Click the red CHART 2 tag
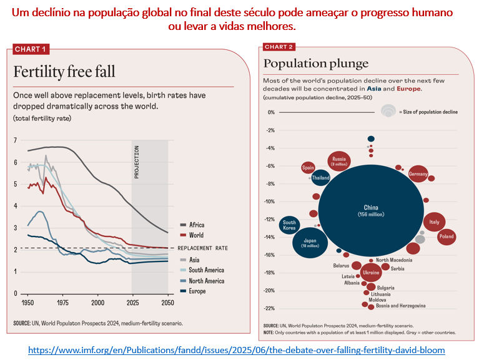coord(279,47)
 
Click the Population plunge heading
coord(316,63)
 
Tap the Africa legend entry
coord(196,225)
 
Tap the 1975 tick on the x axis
coord(62,302)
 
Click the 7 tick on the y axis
coord(16,140)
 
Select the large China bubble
coord(371,211)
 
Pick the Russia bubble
coord(339,162)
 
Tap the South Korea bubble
coord(289,225)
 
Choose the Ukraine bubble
coord(371,273)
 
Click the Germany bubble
coord(418,174)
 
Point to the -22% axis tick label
coord(269,308)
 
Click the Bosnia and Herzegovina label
coord(400,306)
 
